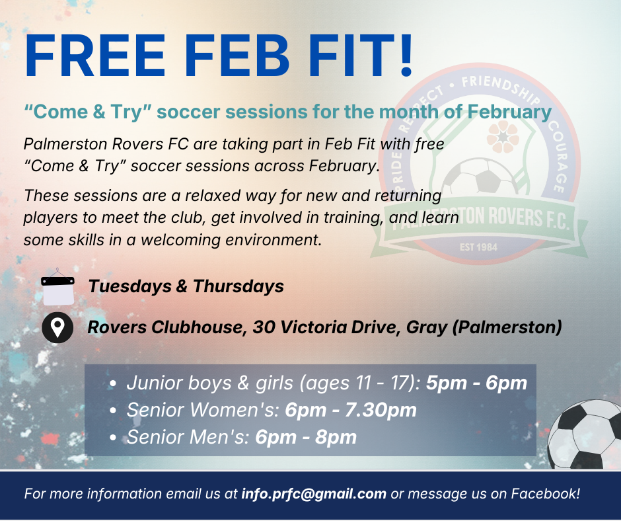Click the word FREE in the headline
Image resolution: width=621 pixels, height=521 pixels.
[94, 56]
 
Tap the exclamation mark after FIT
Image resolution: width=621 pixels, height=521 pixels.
[406, 55]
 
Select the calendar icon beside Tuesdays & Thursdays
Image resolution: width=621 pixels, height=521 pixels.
[58, 287]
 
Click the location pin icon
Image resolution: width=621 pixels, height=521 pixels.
[57, 327]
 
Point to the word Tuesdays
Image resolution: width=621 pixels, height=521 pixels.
[130, 286]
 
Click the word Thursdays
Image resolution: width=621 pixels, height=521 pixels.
[238, 286]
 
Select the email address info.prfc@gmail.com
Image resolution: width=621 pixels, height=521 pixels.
[314, 494]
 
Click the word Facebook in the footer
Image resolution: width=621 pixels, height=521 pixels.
[543, 494]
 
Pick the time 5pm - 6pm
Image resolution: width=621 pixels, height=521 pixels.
[476, 383]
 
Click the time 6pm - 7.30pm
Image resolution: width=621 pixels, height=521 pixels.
[351, 410]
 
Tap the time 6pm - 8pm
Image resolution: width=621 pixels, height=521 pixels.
[306, 437]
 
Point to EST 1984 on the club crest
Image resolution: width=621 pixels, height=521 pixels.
[478, 247]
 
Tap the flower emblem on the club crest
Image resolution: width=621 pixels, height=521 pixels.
[503, 137]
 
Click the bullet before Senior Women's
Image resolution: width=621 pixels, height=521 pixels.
[113, 411]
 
